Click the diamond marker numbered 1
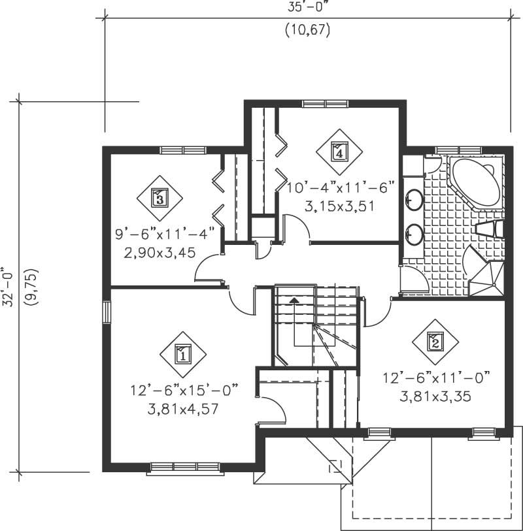point(182,355)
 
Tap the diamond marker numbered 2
point(435,340)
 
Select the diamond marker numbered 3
point(160,196)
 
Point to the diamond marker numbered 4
point(339,152)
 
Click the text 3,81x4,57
point(182,410)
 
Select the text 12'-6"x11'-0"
point(435,378)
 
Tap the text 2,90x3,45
point(159,252)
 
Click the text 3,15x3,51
point(342,206)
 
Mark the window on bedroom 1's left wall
point(107,311)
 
